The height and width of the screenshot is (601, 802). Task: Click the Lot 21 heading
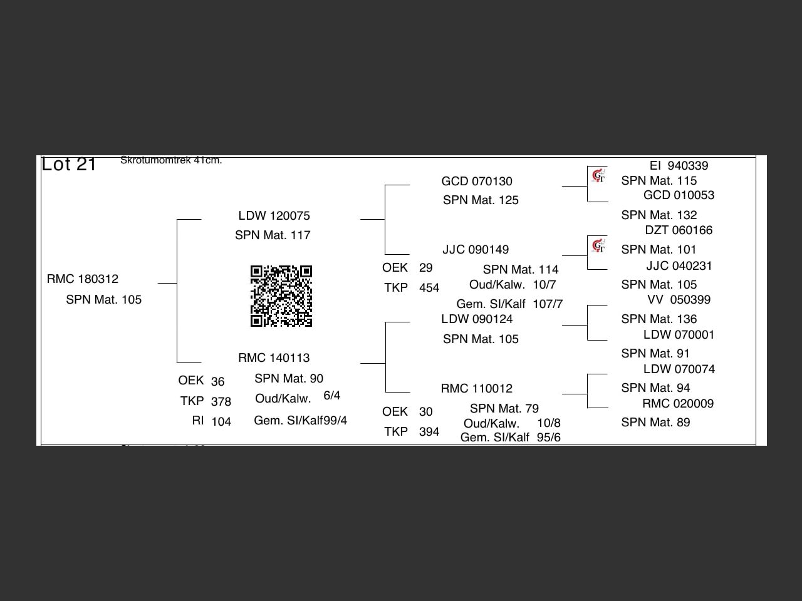69,164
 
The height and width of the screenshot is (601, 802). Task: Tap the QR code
281,296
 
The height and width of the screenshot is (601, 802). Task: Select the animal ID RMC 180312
83,279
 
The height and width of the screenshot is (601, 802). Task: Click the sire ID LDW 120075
274,216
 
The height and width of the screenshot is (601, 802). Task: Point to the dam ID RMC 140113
274,358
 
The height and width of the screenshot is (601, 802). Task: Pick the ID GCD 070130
477,182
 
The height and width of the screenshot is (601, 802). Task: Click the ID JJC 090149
476,250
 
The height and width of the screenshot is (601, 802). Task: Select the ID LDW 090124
477,319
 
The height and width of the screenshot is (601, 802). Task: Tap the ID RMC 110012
476,389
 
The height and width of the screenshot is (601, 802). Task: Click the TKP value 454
429,288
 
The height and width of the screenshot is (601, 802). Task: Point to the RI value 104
221,422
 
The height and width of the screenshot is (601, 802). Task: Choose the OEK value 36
217,382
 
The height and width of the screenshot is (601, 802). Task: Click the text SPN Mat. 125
481,200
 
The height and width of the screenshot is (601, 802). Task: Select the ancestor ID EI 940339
679,166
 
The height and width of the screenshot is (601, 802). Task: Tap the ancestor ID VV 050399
679,300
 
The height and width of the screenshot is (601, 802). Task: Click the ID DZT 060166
679,230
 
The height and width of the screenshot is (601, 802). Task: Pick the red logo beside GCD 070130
598,176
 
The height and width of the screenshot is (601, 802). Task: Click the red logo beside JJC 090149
598,245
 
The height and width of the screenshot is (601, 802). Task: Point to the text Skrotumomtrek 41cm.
171,160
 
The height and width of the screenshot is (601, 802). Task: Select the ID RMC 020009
678,404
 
